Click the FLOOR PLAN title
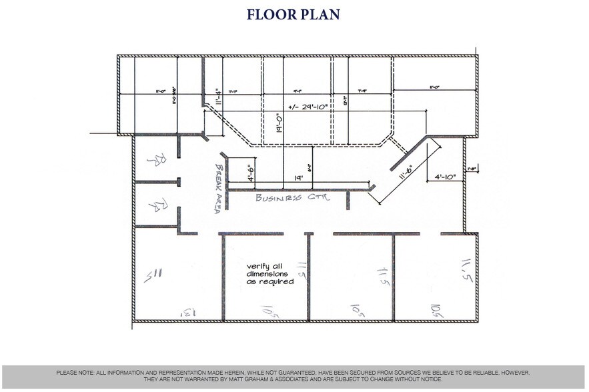click(x=293, y=14)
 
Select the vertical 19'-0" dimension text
click(x=280, y=124)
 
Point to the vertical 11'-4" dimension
click(x=217, y=98)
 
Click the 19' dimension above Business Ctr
click(x=299, y=178)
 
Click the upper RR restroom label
click(x=155, y=159)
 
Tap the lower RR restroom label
click(x=155, y=205)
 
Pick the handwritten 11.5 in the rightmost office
click(x=466, y=270)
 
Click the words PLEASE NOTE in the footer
click(x=75, y=372)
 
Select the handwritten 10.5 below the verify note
click(x=269, y=310)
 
